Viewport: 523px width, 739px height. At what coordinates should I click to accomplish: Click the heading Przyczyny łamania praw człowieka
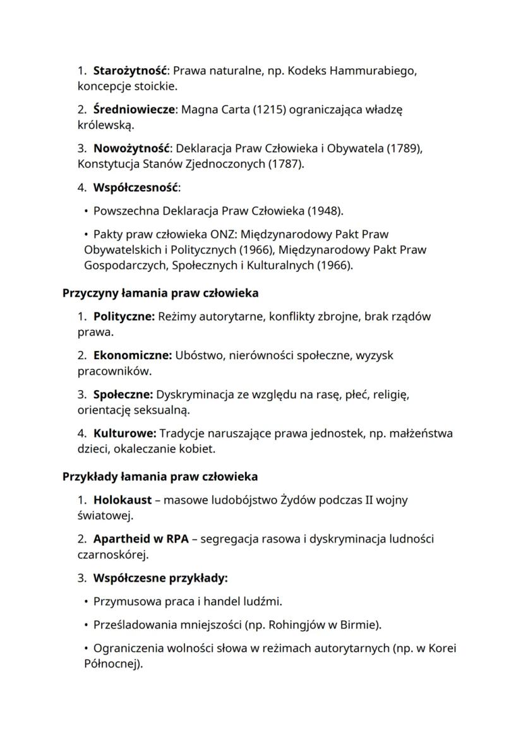pos(160,293)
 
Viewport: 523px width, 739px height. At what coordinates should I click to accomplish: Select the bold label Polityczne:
pos(124,317)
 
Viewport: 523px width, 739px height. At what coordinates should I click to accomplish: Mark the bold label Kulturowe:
pos(125,434)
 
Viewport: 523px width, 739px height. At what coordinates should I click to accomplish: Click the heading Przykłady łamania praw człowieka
pos(160,476)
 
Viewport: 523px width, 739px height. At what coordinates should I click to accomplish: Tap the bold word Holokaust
pos(123,500)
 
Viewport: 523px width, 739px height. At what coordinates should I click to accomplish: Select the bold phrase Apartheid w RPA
pos(141,539)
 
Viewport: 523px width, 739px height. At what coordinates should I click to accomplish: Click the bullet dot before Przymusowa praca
pos(86,602)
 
